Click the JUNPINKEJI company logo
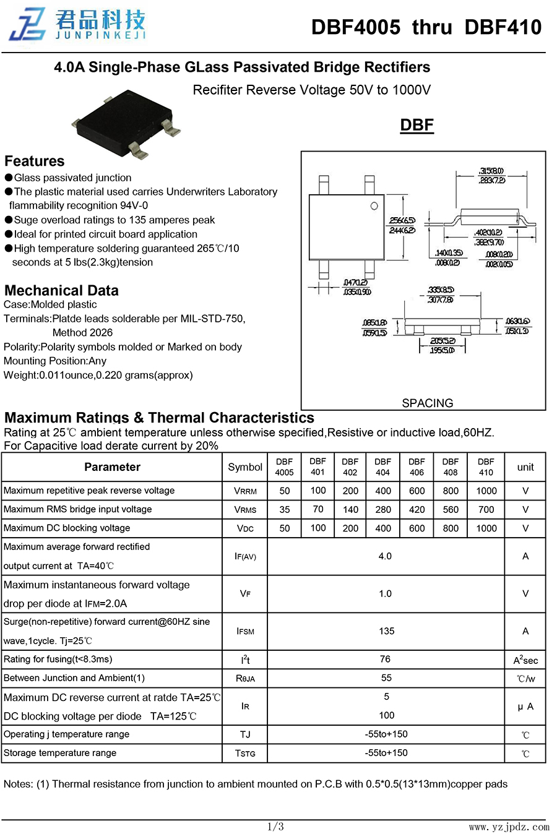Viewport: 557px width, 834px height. tap(77, 25)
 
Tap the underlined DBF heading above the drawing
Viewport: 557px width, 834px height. tap(417, 125)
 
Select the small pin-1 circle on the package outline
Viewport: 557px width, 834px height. tap(374, 206)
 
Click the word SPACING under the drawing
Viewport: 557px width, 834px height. tap(427, 403)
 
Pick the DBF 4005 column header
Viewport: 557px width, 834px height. tap(285, 467)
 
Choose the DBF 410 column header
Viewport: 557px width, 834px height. tap(486, 467)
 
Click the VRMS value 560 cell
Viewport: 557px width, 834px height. tap(451, 510)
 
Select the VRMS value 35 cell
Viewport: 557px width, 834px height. tap(285, 510)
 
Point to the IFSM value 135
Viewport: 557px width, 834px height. tap(386, 631)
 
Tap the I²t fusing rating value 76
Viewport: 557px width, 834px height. tap(385, 660)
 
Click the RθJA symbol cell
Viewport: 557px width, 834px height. tap(245, 679)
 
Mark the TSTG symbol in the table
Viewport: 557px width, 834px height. tap(245, 754)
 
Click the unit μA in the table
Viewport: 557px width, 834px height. tap(525, 707)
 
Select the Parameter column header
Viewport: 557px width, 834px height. tap(112, 467)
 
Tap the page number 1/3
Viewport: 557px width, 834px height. tap(275, 827)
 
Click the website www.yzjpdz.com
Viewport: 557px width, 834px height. tap(509, 827)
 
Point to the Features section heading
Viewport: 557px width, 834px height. tap(35, 161)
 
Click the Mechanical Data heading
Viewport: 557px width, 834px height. tap(61, 291)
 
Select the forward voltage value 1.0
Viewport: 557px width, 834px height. tap(385, 594)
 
